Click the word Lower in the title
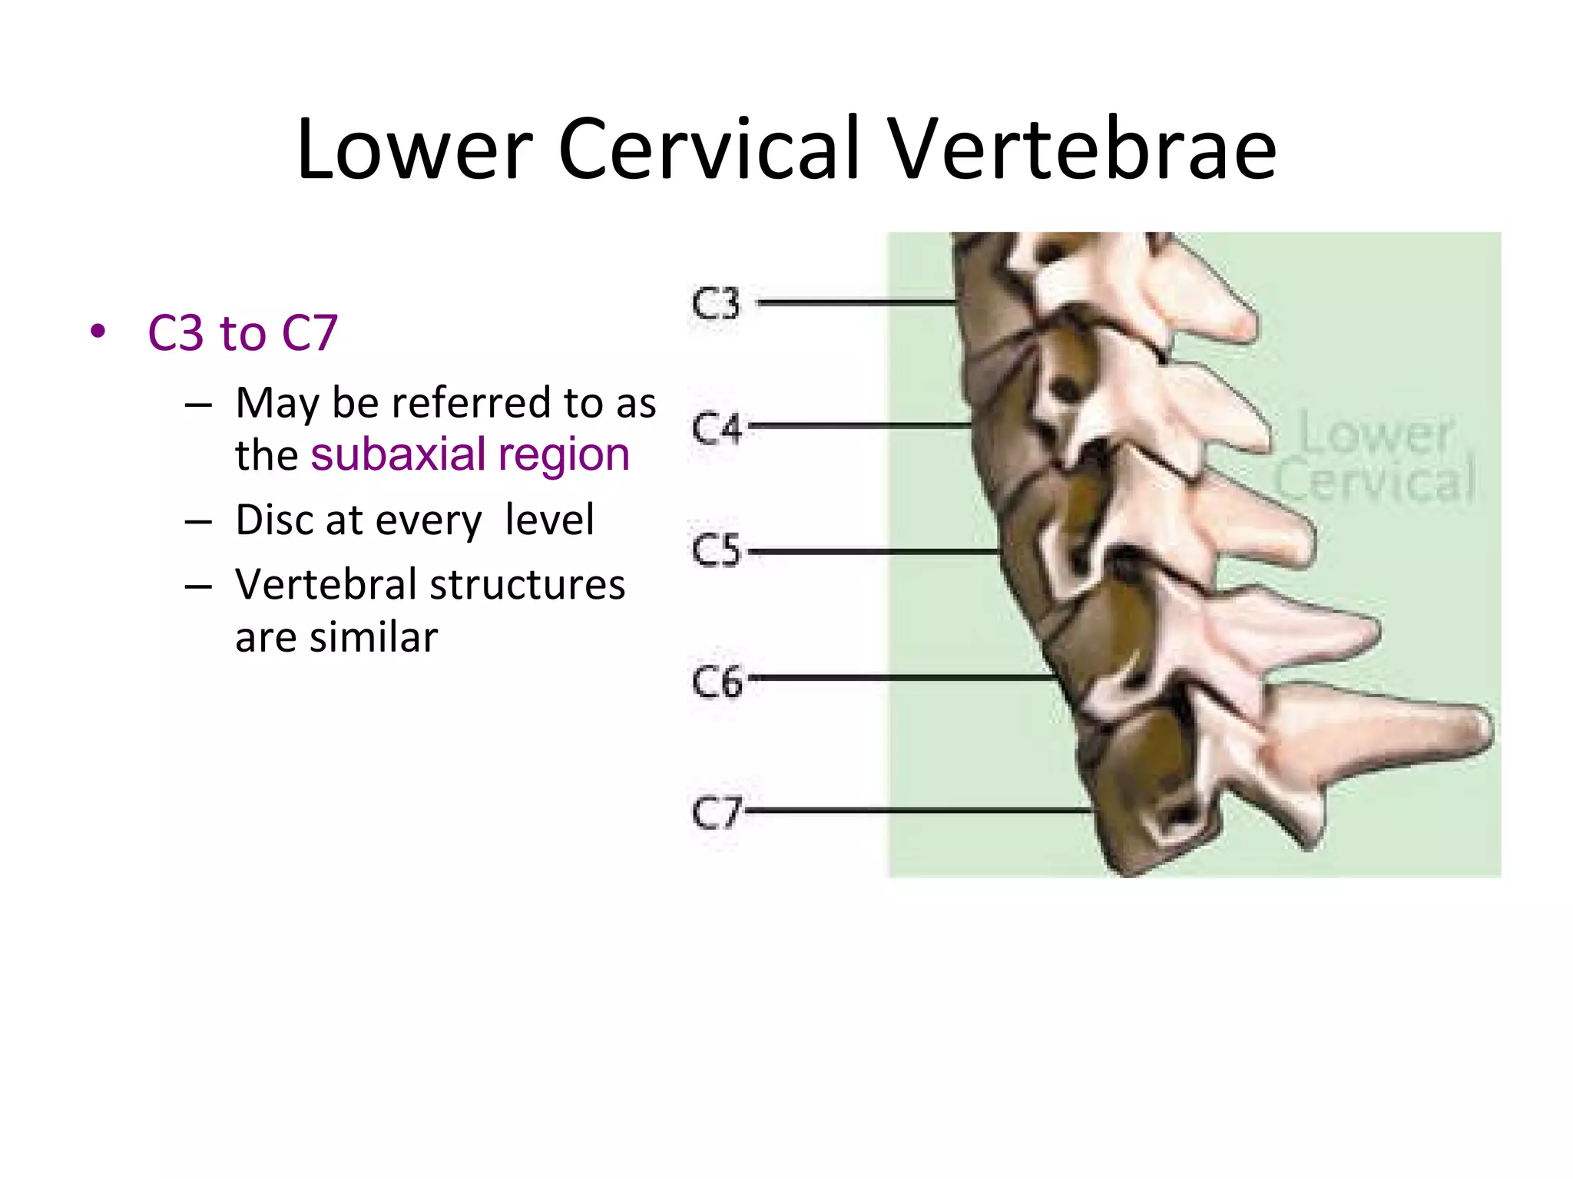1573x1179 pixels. [414, 149]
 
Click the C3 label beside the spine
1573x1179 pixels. [715, 304]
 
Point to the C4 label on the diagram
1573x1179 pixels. [716, 428]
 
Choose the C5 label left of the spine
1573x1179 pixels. [715, 550]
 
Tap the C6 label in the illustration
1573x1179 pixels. [717, 681]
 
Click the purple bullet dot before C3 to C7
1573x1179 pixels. [98, 332]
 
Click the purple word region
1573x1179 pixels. [564, 455]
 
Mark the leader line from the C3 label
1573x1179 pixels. [856, 303]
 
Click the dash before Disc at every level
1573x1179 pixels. [198, 522]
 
